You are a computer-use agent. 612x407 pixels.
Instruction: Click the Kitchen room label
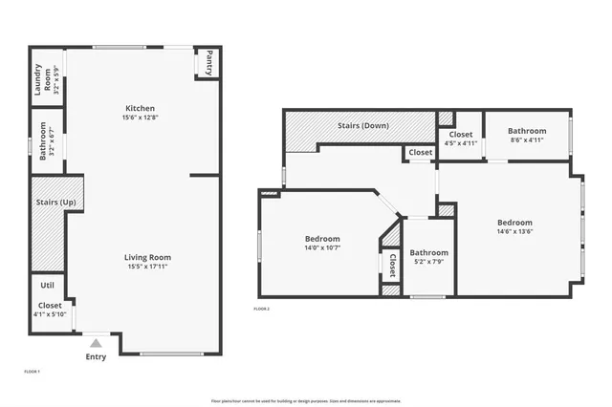click(x=141, y=108)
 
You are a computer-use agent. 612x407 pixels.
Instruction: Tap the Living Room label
click(x=147, y=257)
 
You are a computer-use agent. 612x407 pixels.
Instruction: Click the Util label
click(x=47, y=286)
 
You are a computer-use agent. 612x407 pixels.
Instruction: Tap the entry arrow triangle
click(x=96, y=342)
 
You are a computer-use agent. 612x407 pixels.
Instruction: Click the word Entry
click(x=96, y=356)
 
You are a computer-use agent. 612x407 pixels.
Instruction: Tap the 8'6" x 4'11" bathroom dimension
click(x=527, y=140)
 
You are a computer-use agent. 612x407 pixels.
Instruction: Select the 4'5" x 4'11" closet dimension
click(x=460, y=143)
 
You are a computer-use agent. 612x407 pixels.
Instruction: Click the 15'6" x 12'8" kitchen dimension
click(x=141, y=118)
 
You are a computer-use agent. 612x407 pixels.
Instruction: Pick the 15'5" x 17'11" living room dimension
click(x=147, y=267)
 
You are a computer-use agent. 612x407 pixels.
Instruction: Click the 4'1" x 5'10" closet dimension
click(x=50, y=314)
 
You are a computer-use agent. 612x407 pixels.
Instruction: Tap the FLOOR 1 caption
click(x=32, y=371)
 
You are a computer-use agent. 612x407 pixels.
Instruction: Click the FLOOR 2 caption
click(x=261, y=310)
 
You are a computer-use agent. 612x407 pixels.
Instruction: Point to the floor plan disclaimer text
click(x=305, y=400)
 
